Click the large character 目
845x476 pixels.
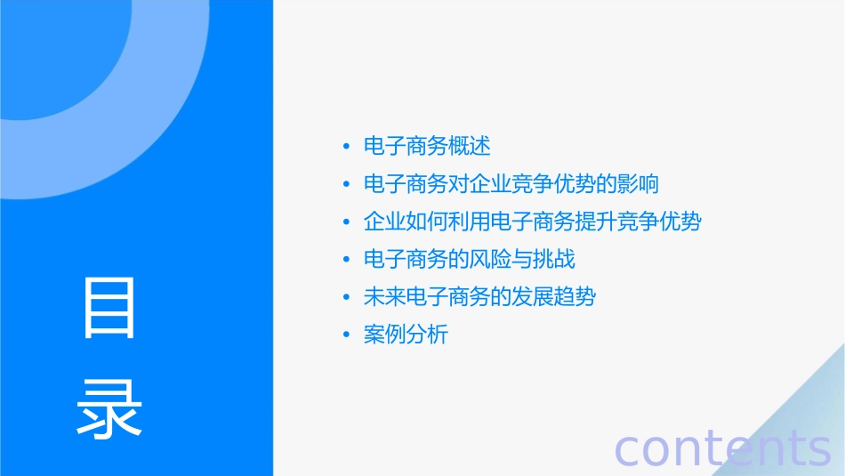point(109,308)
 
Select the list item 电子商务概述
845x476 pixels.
point(427,146)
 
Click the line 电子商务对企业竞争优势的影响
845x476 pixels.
point(511,184)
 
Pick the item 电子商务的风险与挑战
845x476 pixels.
point(470,260)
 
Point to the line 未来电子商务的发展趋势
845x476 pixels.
point(479,297)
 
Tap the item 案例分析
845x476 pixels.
point(406,335)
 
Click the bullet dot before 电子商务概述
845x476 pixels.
point(346,147)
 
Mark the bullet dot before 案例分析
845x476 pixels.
point(346,336)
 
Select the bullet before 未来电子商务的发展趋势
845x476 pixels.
point(346,298)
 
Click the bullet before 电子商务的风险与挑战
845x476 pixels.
point(346,261)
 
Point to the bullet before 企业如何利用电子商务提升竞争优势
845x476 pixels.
point(346,222)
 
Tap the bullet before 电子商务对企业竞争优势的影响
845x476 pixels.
point(346,185)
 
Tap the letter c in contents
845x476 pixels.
point(628,450)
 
